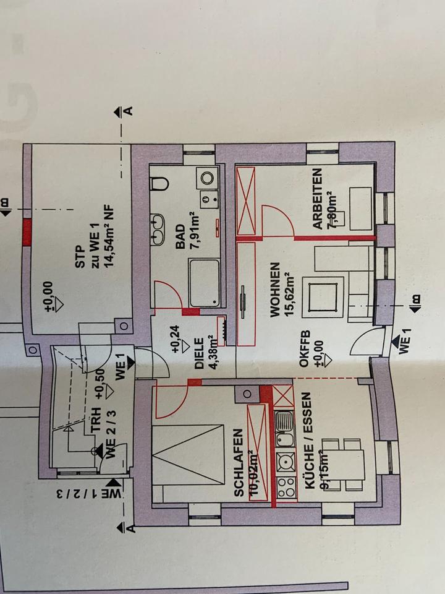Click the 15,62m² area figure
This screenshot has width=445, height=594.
point(289,290)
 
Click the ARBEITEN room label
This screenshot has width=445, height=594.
point(317,200)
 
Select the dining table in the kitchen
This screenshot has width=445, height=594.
point(353,462)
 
